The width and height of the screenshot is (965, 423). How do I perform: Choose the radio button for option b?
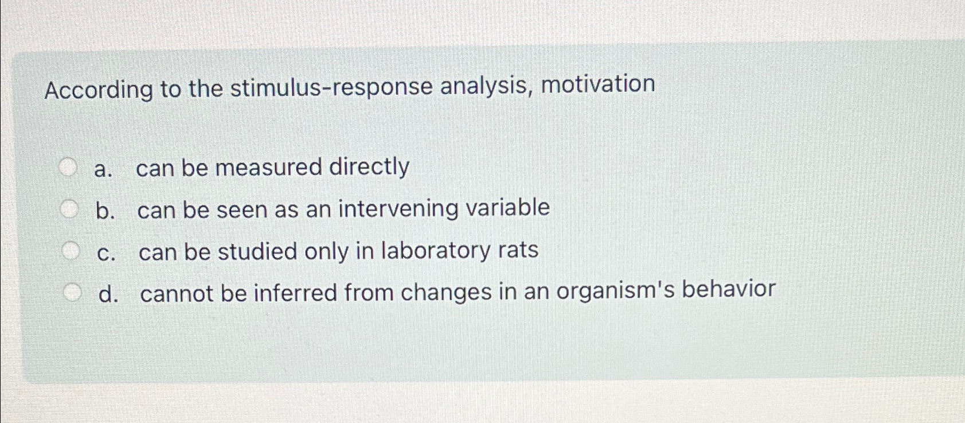coord(69,209)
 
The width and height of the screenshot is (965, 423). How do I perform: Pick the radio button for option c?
coord(71,251)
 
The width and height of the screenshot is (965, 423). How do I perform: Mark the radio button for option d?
coord(72,293)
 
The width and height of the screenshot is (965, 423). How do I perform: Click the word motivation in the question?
coord(597,84)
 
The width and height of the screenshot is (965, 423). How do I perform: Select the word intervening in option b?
coord(398,208)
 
